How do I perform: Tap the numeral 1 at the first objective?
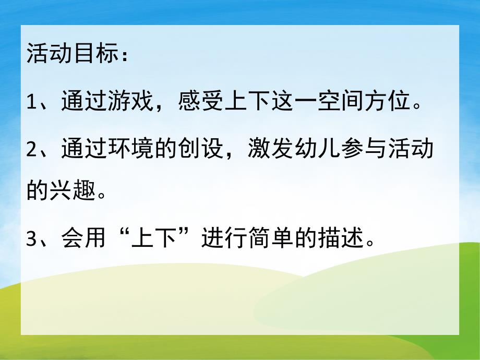click(32, 101)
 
